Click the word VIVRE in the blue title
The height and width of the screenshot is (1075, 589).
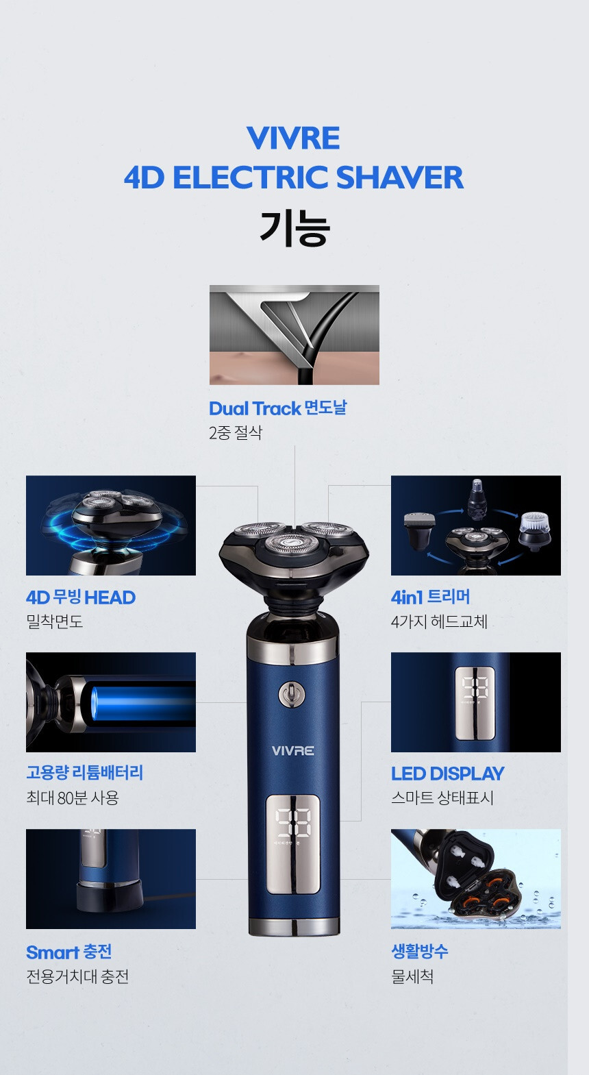click(x=293, y=138)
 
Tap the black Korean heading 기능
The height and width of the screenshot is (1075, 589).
click(x=294, y=228)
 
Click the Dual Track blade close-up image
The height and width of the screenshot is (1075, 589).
click(x=294, y=334)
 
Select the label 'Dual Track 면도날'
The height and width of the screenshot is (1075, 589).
click(x=277, y=408)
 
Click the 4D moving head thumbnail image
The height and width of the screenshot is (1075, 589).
click(x=110, y=525)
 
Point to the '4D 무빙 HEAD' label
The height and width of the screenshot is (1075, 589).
click(x=81, y=597)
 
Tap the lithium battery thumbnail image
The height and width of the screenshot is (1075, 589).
click(x=110, y=702)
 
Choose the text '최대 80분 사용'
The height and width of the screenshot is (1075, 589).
click(x=73, y=798)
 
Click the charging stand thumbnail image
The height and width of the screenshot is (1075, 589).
click(x=110, y=878)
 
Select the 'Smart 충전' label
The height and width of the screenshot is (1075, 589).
click(x=68, y=952)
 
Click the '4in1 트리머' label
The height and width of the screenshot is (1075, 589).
click(x=430, y=597)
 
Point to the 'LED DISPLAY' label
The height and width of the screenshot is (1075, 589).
click(x=447, y=774)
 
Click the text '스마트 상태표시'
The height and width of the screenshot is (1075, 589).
click(x=442, y=798)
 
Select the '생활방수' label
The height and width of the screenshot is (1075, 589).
click(x=419, y=951)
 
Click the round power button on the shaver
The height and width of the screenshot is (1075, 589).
click(x=292, y=694)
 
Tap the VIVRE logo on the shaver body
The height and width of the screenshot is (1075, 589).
click(x=292, y=751)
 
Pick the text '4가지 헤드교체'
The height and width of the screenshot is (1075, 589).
click(x=439, y=621)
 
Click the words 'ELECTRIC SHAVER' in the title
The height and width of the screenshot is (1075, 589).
click(x=318, y=177)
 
